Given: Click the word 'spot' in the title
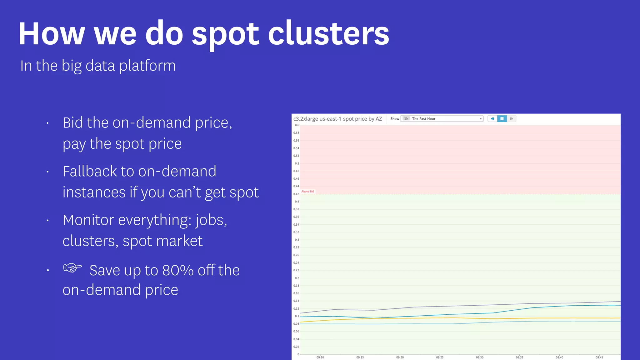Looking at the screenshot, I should [225, 34].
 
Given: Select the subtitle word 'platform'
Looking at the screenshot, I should [147, 66].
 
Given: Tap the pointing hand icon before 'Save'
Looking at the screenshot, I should [72, 268].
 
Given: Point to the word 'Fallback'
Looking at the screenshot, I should [89, 171].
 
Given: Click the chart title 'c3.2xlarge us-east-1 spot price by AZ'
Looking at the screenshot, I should [337, 119].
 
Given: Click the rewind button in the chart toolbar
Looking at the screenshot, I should [492, 119].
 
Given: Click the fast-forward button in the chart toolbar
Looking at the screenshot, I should [511, 119].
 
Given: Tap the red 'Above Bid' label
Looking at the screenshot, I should [307, 192].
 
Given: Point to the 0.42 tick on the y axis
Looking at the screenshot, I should [296, 194].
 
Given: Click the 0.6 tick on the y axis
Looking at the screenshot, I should [297, 125].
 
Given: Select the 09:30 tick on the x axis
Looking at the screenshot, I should [479, 357].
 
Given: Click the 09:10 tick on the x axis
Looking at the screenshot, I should [320, 357].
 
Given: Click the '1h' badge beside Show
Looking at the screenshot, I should [406, 119].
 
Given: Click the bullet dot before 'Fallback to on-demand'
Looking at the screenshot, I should [47, 172].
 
